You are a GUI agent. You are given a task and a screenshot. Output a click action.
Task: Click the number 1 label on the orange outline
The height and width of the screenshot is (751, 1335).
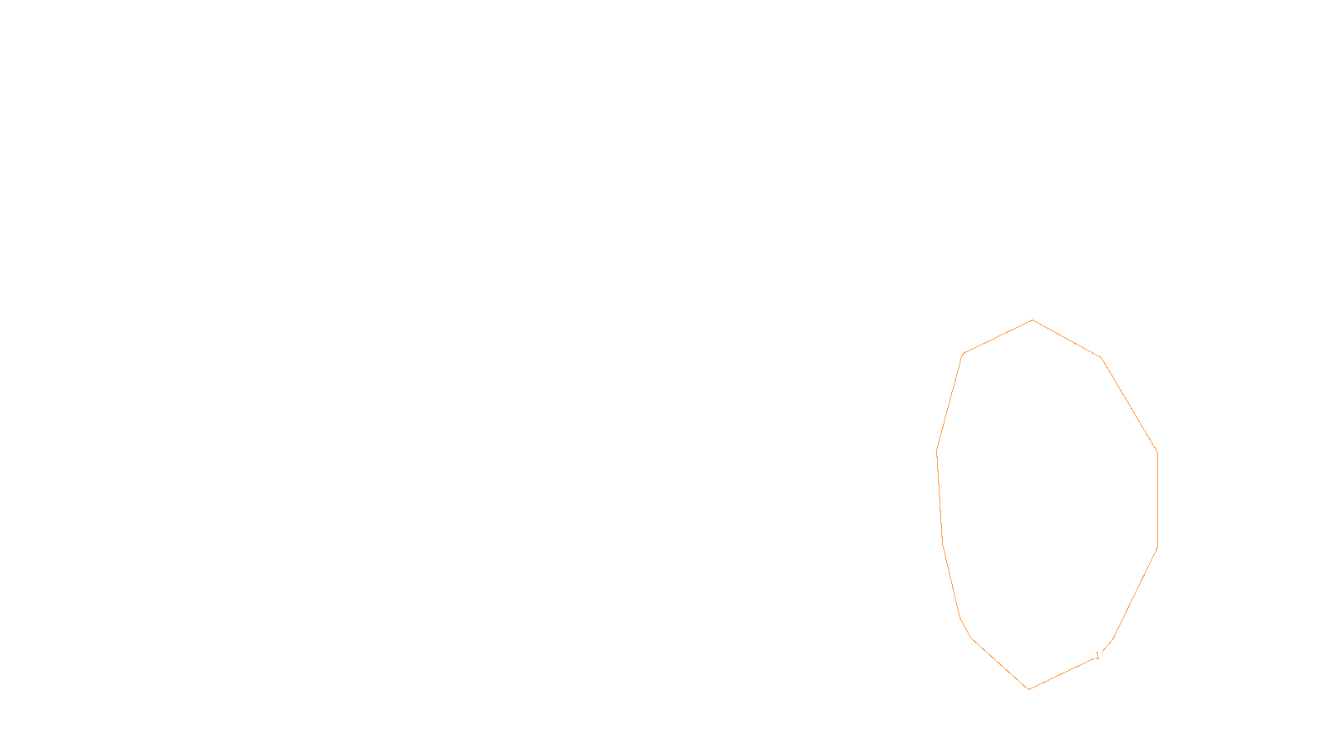(1097, 656)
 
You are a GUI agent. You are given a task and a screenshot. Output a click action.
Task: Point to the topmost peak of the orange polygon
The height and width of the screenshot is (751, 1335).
(1032, 320)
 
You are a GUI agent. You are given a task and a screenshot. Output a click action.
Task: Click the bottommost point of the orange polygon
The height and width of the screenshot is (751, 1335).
(1028, 689)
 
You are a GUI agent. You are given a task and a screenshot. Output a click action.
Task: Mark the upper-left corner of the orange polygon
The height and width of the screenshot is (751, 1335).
(964, 354)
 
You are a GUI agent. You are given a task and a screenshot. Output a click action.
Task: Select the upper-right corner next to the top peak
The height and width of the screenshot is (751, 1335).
(1101, 358)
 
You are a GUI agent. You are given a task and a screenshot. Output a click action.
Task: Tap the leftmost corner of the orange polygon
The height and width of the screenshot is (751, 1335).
(937, 451)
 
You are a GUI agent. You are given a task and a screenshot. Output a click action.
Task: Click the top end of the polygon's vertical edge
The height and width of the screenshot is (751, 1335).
(1157, 452)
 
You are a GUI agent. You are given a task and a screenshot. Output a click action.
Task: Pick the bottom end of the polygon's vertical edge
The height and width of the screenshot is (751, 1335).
(1157, 547)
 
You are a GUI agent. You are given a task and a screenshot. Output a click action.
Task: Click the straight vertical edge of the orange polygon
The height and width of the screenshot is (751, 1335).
(1157, 501)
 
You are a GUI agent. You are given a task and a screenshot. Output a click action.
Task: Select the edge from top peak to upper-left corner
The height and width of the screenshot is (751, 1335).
(998, 337)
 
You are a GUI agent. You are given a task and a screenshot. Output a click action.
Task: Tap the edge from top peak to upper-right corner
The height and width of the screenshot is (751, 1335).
(1067, 339)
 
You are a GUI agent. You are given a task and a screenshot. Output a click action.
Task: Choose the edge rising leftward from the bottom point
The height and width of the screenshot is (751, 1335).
(1000, 663)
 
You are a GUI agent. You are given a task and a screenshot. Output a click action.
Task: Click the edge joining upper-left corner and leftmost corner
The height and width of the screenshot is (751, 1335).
(950, 403)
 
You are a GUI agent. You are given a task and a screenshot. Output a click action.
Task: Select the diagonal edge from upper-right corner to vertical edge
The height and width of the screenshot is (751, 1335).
(1130, 406)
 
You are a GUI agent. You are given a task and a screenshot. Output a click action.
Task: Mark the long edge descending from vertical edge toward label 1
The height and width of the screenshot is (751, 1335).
(1135, 593)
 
